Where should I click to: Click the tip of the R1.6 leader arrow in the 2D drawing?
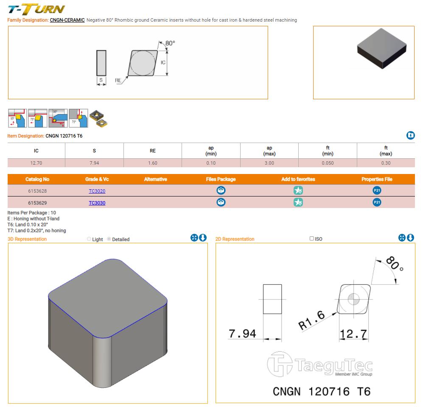(x=337, y=313)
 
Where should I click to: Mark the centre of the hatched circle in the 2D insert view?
(x=354, y=299)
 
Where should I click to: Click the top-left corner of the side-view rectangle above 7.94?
(x=263, y=284)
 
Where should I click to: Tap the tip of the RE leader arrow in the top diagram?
(x=128, y=76)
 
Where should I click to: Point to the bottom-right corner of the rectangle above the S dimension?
(x=106, y=76)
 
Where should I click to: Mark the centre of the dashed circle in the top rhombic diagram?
(x=143, y=63)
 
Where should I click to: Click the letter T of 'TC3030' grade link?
(x=90, y=203)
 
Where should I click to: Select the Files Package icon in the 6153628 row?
(x=221, y=191)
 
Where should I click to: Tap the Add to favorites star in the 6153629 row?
(x=298, y=202)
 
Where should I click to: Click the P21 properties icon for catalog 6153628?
(x=377, y=191)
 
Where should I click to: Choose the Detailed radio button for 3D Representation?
(x=109, y=239)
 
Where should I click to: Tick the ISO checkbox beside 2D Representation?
(x=312, y=239)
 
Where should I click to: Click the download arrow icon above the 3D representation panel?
(x=203, y=238)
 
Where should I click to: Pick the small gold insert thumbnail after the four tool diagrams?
(x=98, y=118)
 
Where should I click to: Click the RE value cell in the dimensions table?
(x=153, y=163)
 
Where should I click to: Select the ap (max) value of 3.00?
(x=269, y=163)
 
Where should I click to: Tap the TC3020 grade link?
(x=97, y=191)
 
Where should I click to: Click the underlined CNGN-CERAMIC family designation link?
(x=67, y=20)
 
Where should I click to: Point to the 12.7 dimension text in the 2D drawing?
(x=353, y=334)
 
